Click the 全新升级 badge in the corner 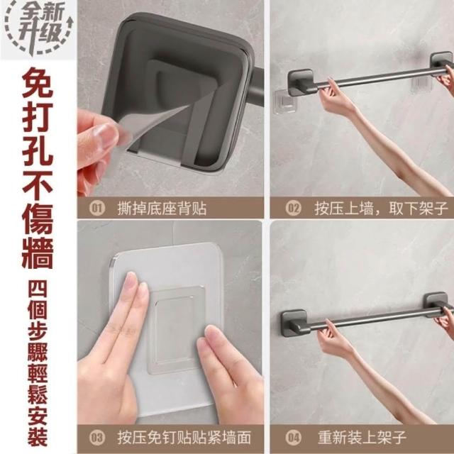38,28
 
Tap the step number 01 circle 97,208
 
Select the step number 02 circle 293,208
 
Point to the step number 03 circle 97,438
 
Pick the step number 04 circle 293,438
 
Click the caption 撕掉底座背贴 162,209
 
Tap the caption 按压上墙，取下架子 382,209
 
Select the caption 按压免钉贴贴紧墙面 184,438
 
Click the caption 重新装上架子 362,438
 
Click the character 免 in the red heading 38,83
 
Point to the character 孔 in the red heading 38,150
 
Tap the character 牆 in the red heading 38,253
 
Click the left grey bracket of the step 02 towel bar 301,82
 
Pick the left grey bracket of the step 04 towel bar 294,323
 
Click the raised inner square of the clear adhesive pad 175,329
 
